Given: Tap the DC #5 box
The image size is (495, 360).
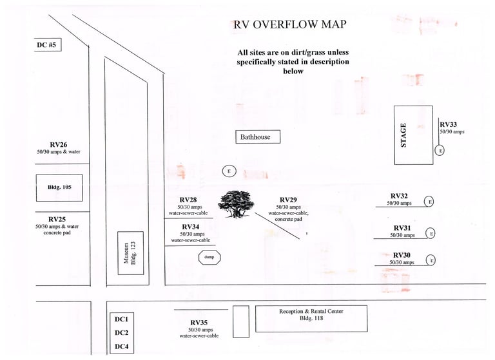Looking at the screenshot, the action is pos(47,44).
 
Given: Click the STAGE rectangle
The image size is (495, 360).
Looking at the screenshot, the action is pos(413,135).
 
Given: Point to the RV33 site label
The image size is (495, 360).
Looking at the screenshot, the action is pos(449,124).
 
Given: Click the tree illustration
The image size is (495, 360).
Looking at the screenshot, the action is pos(237,205).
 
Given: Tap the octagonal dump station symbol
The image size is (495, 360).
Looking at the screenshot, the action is pos(209,257).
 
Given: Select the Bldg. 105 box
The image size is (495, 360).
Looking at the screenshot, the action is pos(59,187).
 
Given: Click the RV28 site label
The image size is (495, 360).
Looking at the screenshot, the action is pos(188,200).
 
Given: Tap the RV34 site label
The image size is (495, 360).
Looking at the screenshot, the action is pos(190,227).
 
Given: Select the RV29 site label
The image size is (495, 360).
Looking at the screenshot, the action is pos(288,200).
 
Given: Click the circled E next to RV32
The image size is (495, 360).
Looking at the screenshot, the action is pos(429,201).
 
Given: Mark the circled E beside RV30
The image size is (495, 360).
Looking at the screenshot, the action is pos(432,260).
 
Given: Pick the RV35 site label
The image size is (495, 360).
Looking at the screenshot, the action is pos(199,322).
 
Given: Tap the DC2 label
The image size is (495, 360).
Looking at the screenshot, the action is pos(122,333).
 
